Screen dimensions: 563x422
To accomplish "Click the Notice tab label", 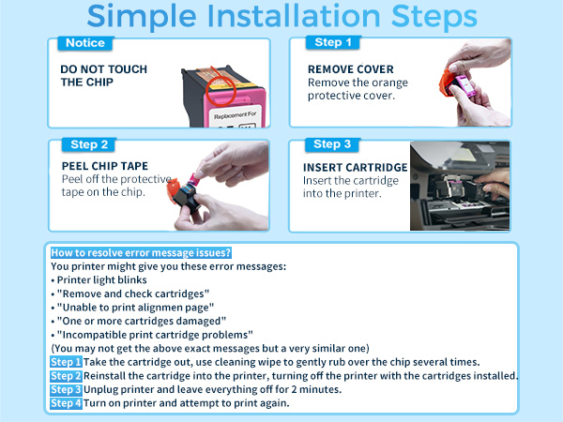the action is pos(85,43).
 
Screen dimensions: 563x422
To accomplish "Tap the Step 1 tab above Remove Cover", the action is pos(333,42).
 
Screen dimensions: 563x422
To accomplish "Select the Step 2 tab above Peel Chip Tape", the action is pos(89,144).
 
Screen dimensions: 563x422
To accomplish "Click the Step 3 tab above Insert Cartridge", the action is pos(332,144).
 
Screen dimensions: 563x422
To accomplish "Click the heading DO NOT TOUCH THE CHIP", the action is pos(104,75).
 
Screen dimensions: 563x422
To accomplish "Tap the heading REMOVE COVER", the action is pos(350,68).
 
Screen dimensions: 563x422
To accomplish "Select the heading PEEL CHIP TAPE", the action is pos(105,166).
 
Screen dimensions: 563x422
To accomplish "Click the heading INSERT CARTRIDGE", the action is pos(355,167).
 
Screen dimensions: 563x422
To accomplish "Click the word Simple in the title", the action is pos(142,16).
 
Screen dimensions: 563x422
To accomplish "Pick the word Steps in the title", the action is pos(434,16).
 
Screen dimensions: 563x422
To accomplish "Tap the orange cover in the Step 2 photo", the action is pos(173,188).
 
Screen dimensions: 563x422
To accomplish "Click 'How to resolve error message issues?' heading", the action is pos(141,252).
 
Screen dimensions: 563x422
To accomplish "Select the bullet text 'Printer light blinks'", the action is pos(102,279).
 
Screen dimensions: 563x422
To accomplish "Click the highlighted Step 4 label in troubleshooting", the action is pos(66,403).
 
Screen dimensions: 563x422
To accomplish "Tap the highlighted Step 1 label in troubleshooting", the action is pos(66,362).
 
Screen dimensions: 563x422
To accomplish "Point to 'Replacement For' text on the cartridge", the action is pos(236,114).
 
